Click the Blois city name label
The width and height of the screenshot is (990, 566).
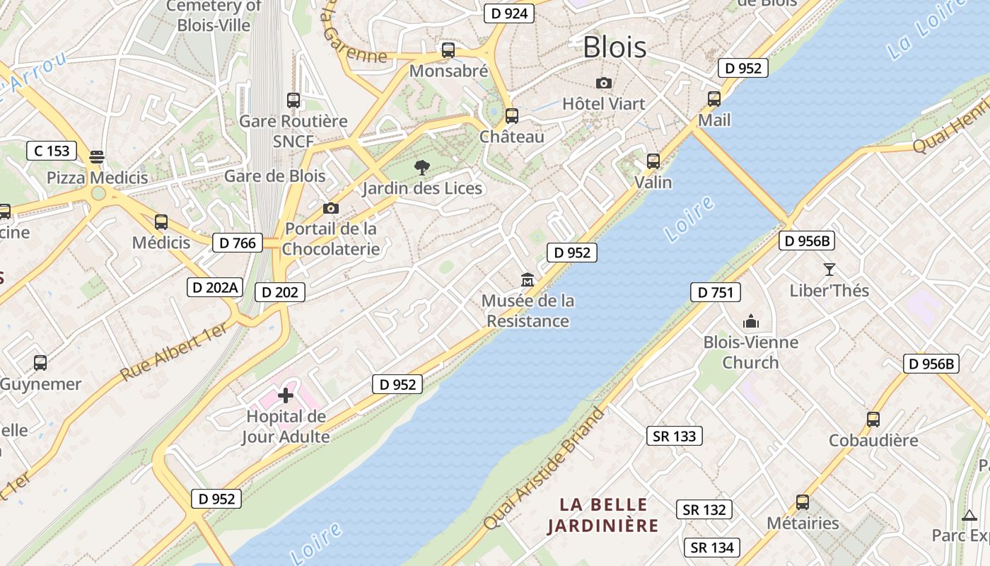click(615, 47)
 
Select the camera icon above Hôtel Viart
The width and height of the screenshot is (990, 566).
click(603, 83)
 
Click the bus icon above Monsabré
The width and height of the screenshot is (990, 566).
click(448, 50)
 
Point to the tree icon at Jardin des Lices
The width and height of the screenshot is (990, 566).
click(422, 168)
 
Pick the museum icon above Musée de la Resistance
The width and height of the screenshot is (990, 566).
click(528, 280)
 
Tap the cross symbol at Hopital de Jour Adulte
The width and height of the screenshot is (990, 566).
click(286, 395)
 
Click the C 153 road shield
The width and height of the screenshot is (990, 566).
click(52, 151)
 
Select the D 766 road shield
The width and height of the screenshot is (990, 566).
click(238, 243)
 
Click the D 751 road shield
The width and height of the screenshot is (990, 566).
click(716, 292)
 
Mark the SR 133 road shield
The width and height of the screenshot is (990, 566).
click(675, 436)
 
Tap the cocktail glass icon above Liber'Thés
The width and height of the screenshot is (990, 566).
click(829, 269)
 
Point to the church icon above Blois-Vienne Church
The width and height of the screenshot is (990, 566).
click(750, 322)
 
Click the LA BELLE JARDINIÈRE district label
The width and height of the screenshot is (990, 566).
click(603, 515)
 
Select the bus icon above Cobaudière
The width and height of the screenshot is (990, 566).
click(873, 419)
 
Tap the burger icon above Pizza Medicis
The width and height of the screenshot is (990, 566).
click(97, 156)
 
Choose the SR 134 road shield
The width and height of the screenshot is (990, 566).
click(713, 548)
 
